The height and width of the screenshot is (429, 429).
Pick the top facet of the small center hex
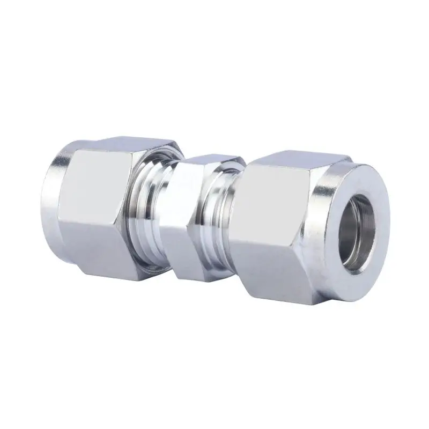[212, 160]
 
